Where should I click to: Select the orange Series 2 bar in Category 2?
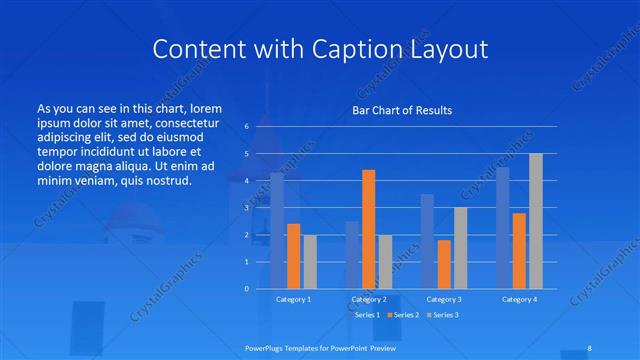click(x=368, y=229)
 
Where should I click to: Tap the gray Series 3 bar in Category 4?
click(x=536, y=221)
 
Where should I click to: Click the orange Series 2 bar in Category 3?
click(x=444, y=264)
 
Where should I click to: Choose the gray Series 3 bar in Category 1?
click(x=310, y=261)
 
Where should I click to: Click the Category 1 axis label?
click(x=293, y=299)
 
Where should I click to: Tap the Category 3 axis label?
click(x=444, y=299)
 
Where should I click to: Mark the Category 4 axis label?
click(x=519, y=299)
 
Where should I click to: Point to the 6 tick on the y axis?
click(x=246, y=127)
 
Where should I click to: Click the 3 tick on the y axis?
click(x=246, y=208)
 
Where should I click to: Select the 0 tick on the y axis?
click(x=246, y=289)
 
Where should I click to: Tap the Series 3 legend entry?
click(x=445, y=315)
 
